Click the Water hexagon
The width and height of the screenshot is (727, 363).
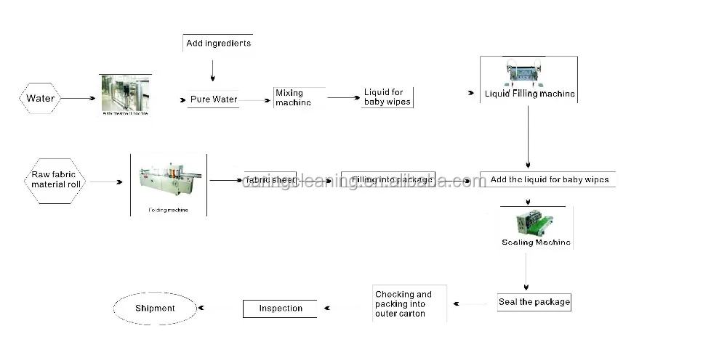40,98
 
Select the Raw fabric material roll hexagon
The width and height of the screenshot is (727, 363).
57,179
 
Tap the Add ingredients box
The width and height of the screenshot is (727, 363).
218,43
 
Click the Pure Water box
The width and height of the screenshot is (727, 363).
214,99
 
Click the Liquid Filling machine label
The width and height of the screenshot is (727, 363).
529,94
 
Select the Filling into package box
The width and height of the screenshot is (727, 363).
391,179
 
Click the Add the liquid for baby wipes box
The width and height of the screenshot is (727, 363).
549,179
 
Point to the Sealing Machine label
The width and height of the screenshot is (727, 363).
536,242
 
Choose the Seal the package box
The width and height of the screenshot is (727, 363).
534,302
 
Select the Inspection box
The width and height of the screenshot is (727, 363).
280,309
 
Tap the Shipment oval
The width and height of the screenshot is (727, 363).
155,309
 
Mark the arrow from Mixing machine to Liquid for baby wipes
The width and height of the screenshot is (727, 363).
343,97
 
